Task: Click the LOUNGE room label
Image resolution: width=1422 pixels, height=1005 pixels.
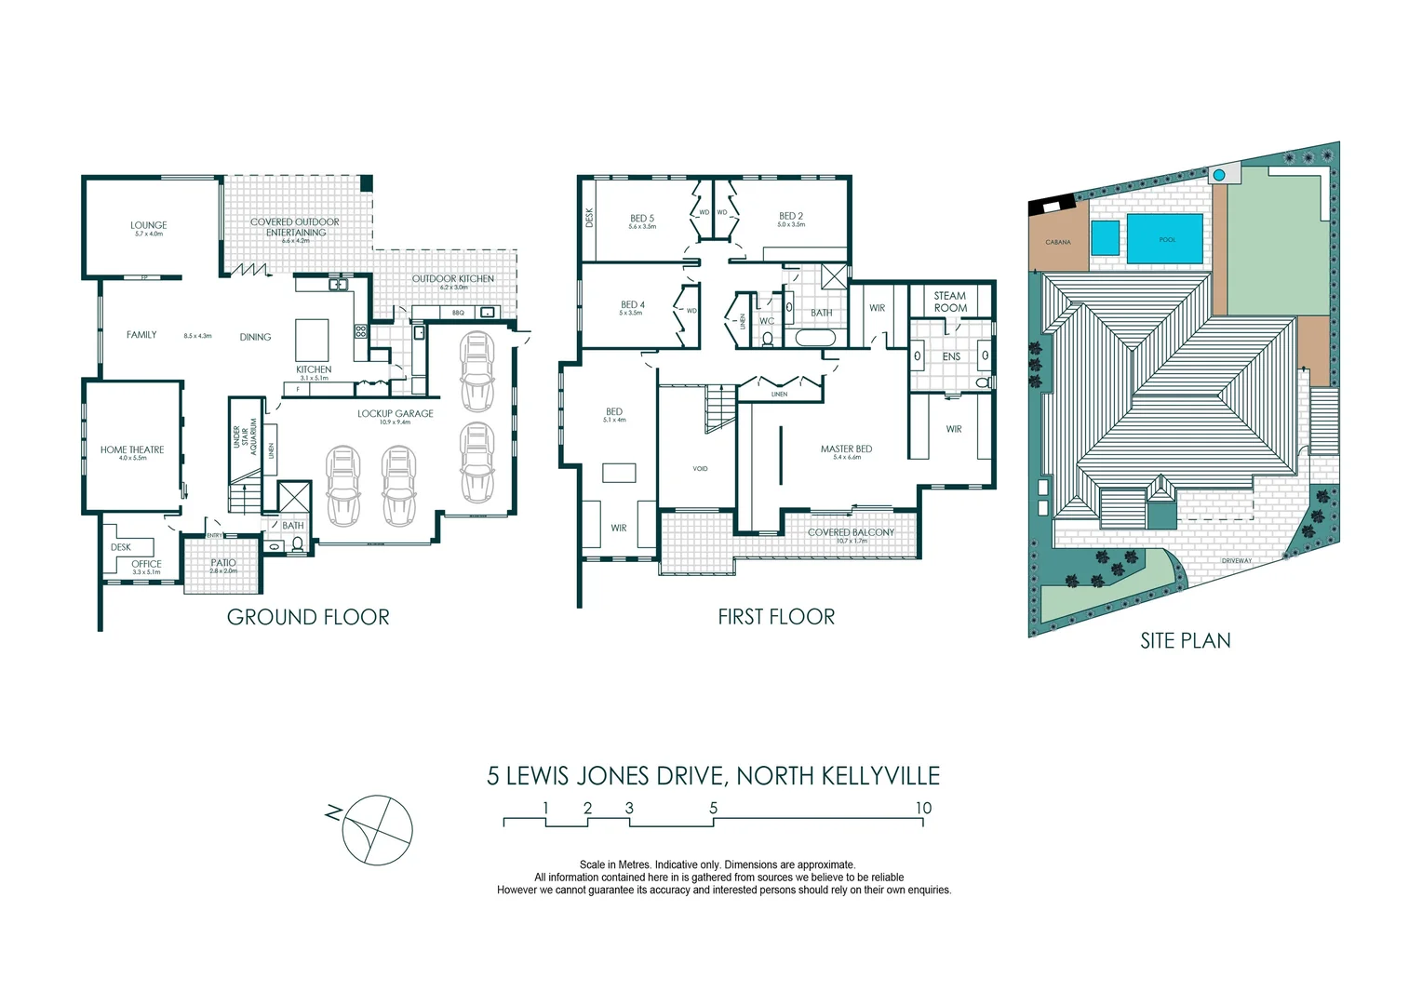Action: click(x=148, y=225)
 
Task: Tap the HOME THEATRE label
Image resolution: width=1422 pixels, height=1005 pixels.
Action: click(x=132, y=449)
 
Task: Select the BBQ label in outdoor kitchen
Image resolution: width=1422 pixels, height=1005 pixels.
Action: click(x=458, y=313)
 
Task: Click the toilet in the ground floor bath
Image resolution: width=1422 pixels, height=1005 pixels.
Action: click(x=298, y=544)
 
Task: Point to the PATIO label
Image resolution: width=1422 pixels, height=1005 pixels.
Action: click(x=223, y=563)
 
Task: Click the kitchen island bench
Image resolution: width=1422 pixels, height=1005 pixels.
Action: click(x=313, y=340)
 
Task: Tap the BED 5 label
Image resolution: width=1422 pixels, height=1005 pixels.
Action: click(x=641, y=219)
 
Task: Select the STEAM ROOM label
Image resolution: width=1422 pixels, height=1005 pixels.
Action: click(x=950, y=301)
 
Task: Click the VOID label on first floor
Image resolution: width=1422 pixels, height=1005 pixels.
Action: click(x=700, y=468)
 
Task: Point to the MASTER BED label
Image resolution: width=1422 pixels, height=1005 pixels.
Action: click(x=846, y=449)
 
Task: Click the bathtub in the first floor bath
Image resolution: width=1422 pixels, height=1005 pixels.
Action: click(x=817, y=337)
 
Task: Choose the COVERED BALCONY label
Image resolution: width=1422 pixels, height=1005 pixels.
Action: click(x=851, y=532)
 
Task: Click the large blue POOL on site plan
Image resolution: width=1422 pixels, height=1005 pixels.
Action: click(x=1165, y=239)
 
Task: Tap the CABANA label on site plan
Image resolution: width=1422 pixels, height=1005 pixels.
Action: click(x=1058, y=242)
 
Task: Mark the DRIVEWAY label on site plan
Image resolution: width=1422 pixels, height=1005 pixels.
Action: click(x=1237, y=561)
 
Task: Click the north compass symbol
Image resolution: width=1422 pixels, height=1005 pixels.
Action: click(x=377, y=830)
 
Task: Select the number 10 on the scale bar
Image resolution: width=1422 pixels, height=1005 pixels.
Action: click(x=922, y=808)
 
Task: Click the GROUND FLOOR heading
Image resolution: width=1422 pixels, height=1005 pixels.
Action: click(x=308, y=617)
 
